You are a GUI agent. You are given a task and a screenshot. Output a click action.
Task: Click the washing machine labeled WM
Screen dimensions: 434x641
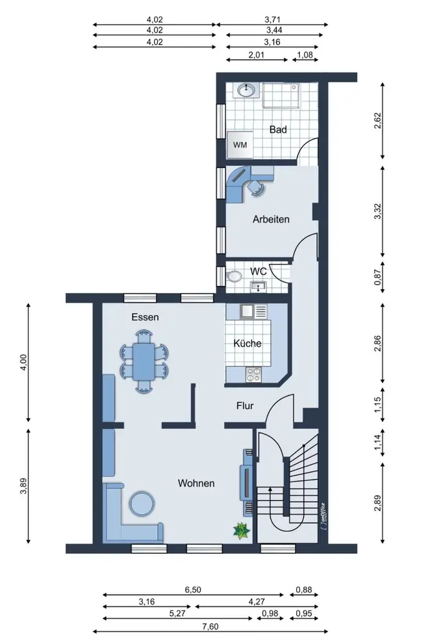pos(240,144)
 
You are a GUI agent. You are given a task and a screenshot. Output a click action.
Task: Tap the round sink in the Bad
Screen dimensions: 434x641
pos(246,90)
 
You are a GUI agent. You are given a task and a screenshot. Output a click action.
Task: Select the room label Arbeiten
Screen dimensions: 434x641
pos(271,219)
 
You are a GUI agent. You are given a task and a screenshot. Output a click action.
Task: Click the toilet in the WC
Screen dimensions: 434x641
pos(234,276)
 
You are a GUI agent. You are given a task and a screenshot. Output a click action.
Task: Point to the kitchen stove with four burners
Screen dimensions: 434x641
pos(254,374)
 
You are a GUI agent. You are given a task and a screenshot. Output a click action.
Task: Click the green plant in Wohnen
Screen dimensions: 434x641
pos(241,531)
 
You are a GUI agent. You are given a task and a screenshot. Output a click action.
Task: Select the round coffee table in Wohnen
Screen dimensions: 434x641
pos(142,503)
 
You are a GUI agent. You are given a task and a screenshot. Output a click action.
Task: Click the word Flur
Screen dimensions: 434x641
pos(245,406)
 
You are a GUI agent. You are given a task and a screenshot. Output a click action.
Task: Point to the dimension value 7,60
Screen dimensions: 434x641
pos(210,626)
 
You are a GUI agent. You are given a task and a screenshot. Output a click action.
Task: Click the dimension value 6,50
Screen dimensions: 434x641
pos(193,590)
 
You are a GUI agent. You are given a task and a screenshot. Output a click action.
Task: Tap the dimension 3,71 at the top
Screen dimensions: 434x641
pos(272,19)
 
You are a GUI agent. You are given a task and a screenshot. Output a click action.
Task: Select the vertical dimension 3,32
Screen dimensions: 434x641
pos(378,211)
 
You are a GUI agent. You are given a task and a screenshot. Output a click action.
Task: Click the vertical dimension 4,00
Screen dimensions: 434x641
pos(23,362)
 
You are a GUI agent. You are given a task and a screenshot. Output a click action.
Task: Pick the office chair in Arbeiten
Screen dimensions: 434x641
pos(255,187)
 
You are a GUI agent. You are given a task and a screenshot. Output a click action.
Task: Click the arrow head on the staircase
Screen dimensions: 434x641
pos(270,489)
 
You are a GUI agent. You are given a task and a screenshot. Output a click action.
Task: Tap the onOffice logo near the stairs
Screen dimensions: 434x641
pos(323,515)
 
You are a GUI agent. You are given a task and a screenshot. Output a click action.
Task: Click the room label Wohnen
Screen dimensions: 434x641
pos(196,483)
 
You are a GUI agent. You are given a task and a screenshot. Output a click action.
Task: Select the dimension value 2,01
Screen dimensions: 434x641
pos(256,54)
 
